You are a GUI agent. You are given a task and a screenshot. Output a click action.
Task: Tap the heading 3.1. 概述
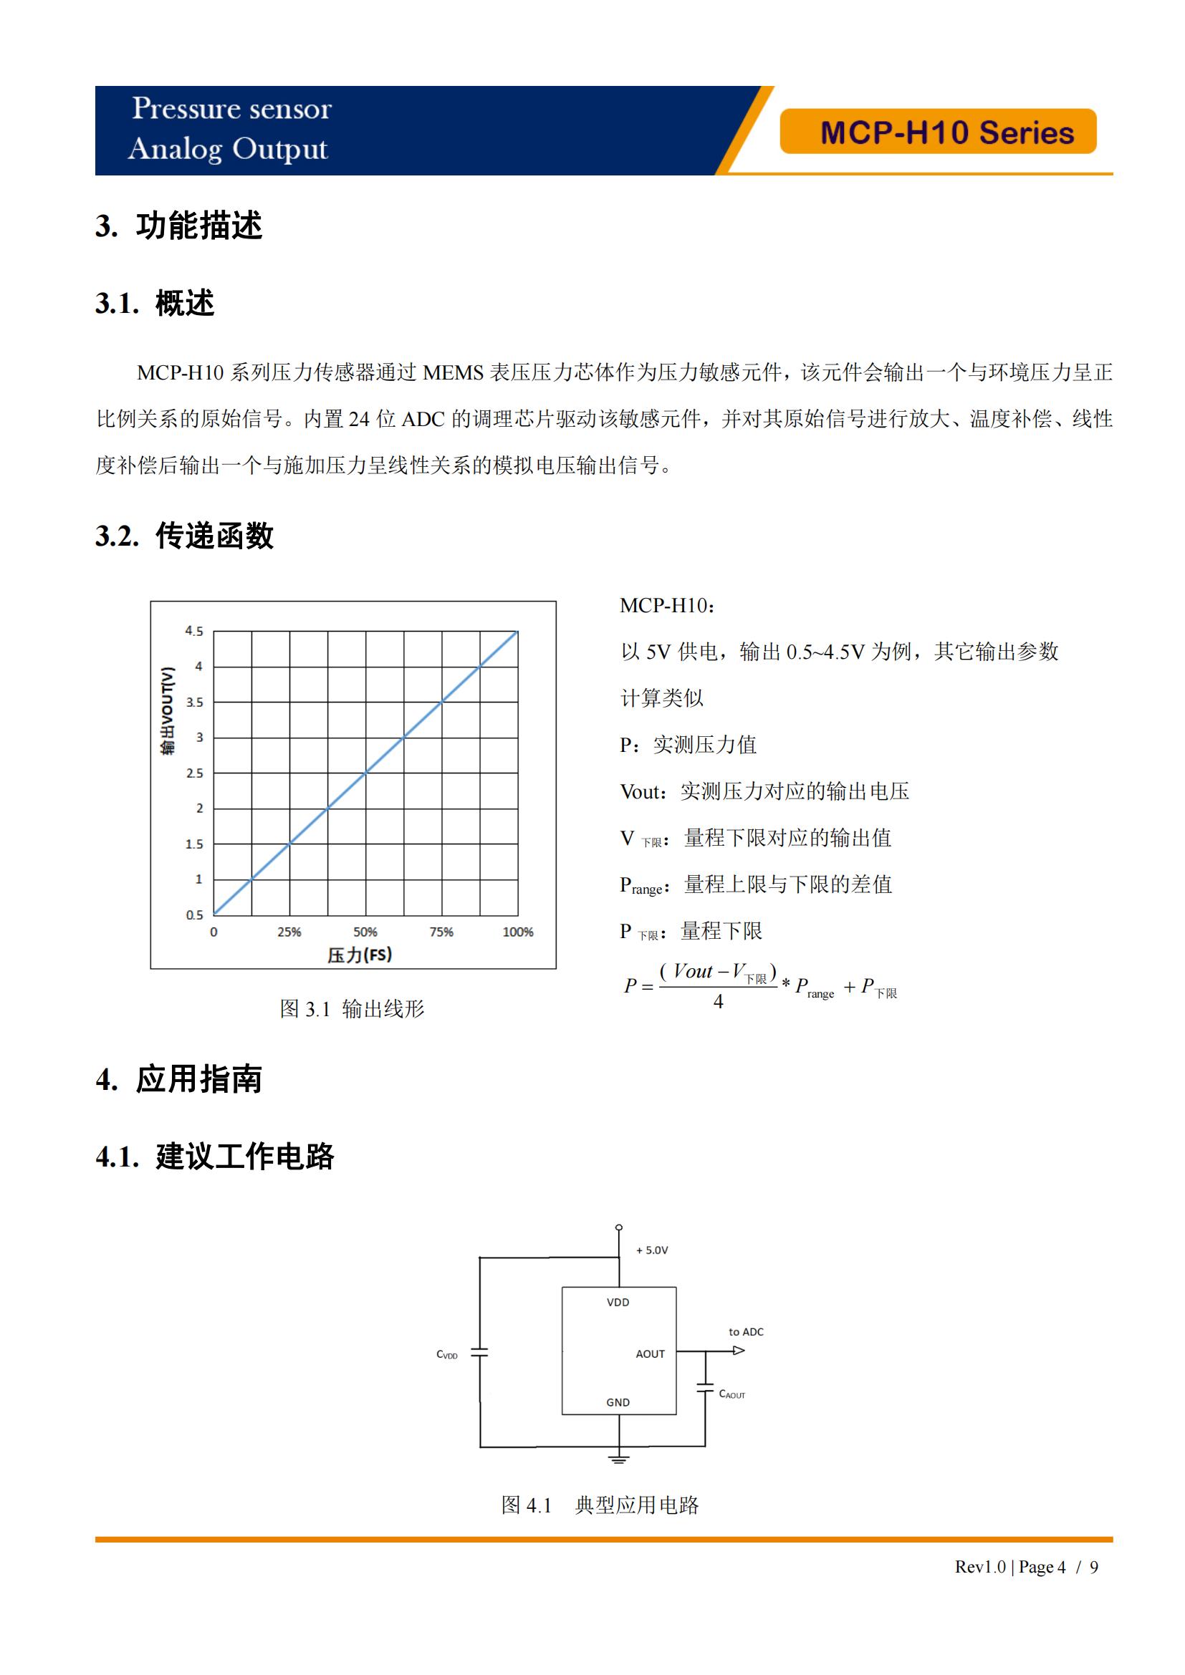(155, 303)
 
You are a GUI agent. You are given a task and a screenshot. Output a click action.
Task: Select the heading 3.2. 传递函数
(184, 536)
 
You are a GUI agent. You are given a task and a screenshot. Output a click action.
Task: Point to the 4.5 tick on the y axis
(193, 630)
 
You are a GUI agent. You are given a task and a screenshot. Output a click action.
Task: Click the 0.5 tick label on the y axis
(194, 914)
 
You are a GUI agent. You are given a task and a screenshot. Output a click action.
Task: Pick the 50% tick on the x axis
(365, 932)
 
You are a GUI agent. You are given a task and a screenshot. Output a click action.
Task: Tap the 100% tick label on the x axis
(517, 932)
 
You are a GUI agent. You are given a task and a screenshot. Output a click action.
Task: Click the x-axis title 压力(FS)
(359, 955)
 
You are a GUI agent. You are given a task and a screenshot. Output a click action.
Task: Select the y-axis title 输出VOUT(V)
(168, 710)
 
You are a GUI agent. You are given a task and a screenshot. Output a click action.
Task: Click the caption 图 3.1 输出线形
(352, 1009)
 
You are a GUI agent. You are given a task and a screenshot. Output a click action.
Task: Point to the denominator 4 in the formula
(718, 1002)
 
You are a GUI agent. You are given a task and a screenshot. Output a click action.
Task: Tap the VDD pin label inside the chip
(618, 1302)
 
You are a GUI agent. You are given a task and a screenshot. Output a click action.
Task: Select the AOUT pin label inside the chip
(649, 1354)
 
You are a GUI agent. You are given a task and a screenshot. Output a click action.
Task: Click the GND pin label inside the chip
(618, 1402)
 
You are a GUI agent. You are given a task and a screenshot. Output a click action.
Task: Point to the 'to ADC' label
(746, 1331)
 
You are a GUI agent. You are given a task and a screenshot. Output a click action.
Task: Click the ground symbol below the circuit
(619, 1459)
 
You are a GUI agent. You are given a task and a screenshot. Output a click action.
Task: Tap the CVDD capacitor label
(446, 1355)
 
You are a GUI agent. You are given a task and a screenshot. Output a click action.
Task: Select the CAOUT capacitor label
(732, 1394)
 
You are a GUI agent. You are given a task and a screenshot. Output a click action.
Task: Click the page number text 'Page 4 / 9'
(1058, 1567)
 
